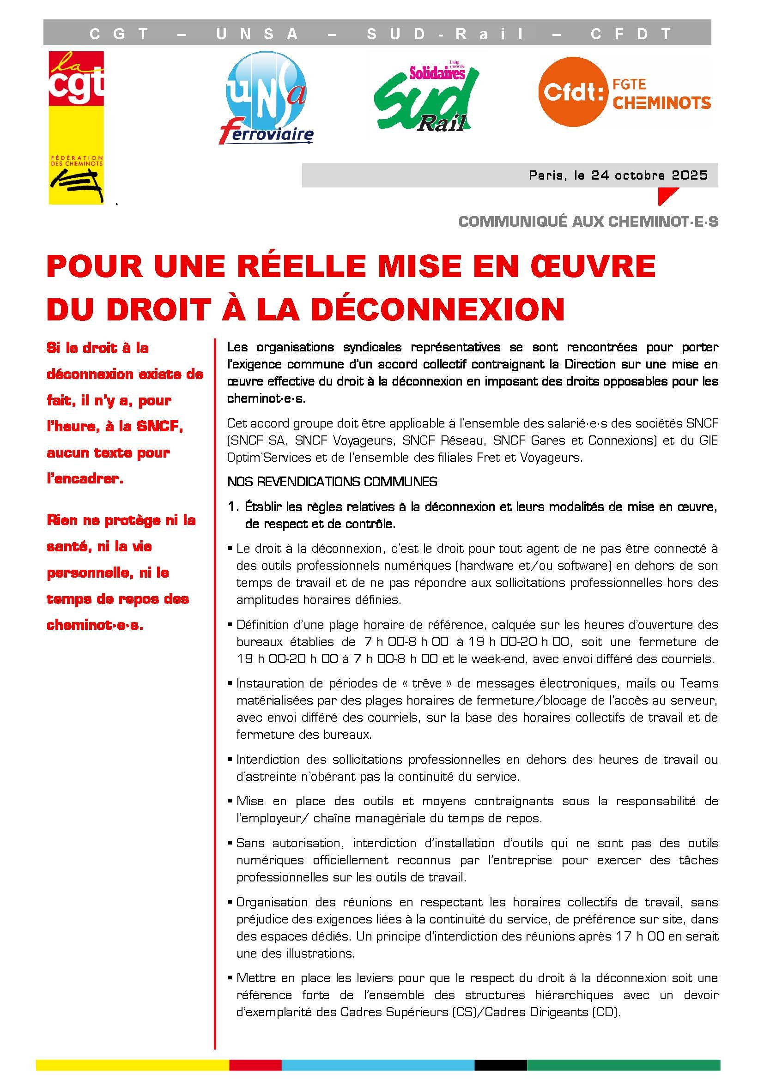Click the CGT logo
pyautogui.click(x=76, y=127)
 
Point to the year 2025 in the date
pyautogui.click(x=690, y=175)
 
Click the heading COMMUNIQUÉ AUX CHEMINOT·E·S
pyautogui.click(x=588, y=222)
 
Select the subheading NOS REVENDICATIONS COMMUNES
pyautogui.click(x=332, y=482)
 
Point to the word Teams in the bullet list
pyautogui.click(x=699, y=683)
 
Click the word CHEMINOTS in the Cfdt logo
pyautogui.click(x=662, y=103)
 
